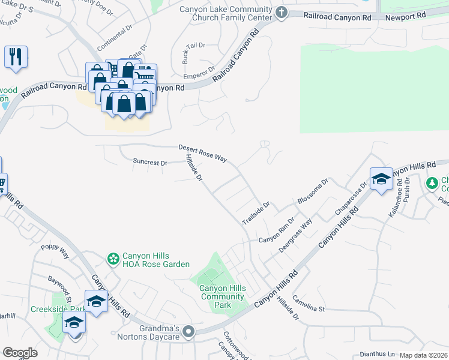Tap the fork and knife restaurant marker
tap(14, 57)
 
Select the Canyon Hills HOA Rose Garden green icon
tap(113, 259)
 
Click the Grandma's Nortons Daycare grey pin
tap(189, 332)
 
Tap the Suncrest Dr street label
tap(150, 162)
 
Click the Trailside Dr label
tap(256, 213)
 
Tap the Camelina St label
tap(309, 304)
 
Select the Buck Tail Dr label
tap(193, 53)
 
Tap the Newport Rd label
tap(406, 17)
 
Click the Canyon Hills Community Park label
tap(223, 296)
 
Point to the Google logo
tap(20, 353)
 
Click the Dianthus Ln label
tap(378, 355)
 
